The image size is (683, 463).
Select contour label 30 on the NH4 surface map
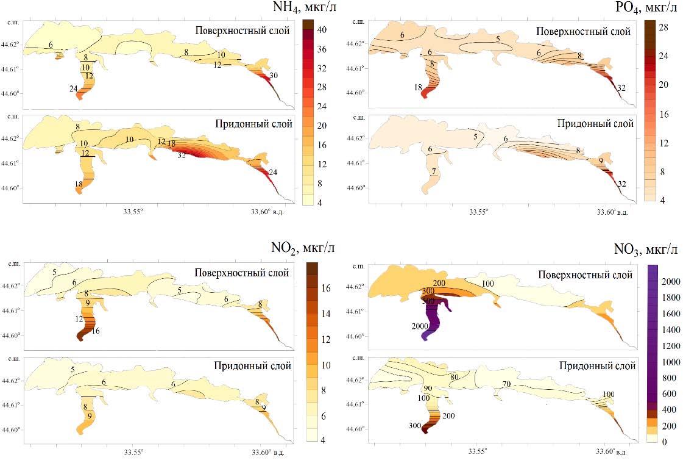(275, 76)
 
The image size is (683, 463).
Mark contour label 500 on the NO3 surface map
(428, 301)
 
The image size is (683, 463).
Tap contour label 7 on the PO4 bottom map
(433, 171)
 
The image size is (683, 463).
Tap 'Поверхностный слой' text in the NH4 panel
(242, 31)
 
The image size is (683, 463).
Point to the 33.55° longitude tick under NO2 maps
(133, 452)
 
